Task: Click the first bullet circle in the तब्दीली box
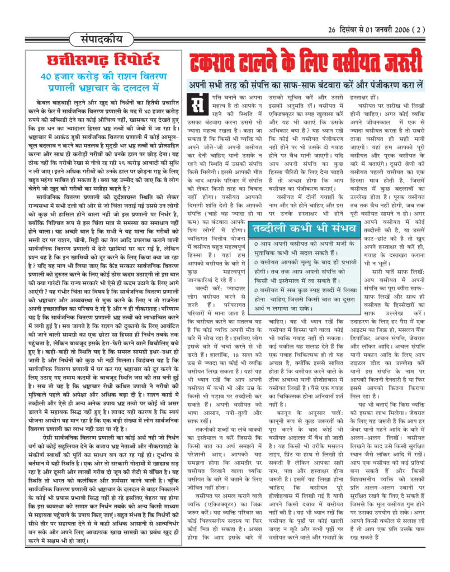(x=256, y=244)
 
